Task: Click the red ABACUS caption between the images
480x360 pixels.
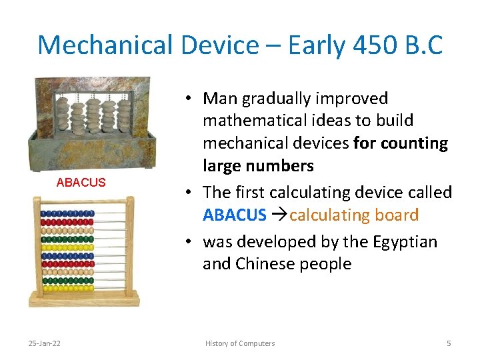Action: coord(81,183)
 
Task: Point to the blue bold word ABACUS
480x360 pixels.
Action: coord(234,215)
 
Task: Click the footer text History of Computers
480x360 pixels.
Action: coord(239,343)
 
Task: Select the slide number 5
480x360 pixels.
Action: coord(449,343)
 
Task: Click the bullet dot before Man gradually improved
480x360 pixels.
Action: coord(190,99)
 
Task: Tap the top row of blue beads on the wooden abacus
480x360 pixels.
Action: coord(67,213)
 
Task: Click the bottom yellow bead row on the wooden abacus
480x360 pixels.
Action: coord(67,288)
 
